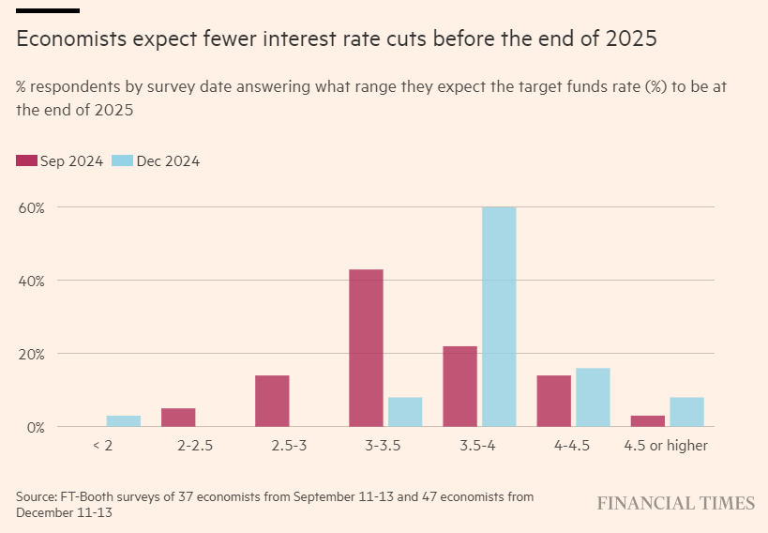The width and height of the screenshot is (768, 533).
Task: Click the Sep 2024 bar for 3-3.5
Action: pyautogui.click(x=366, y=348)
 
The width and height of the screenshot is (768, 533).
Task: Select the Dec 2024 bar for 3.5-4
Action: pyautogui.click(x=499, y=317)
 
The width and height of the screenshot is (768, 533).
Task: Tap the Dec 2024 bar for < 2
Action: pyautogui.click(x=124, y=421)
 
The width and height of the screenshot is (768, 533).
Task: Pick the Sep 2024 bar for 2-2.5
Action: pyautogui.click(x=178, y=418)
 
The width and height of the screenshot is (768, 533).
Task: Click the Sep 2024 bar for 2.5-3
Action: pyautogui.click(x=272, y=401)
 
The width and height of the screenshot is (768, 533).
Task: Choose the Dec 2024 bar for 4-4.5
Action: pyautogui.click(x=593, y=397)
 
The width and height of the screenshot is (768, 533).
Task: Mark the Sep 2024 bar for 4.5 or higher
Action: pyautogui.click(x=647, y=421)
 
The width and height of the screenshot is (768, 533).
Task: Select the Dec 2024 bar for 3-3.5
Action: pyautogui.click(x=405, y=412)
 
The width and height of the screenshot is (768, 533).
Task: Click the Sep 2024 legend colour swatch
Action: pyautogui.click(x=26, y=160)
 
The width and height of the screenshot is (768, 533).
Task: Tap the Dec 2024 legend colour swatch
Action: pyautogui.click(x=122, y=160)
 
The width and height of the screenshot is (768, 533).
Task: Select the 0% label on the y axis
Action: pyautogui.click(x=38, y=427)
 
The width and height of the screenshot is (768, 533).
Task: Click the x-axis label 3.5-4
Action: pyautogui.click(x=479, y=446)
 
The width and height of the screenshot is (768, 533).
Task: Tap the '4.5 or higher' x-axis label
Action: pyautogui.click(x=666, y=446)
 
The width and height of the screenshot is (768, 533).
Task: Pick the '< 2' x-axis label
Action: pyautogui.click(x=103, y=446)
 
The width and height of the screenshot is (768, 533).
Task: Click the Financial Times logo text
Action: pyautogui.click(x=675, y=503)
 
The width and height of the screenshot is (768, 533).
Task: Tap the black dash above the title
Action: pyautogui.click(x=47, y=10)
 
